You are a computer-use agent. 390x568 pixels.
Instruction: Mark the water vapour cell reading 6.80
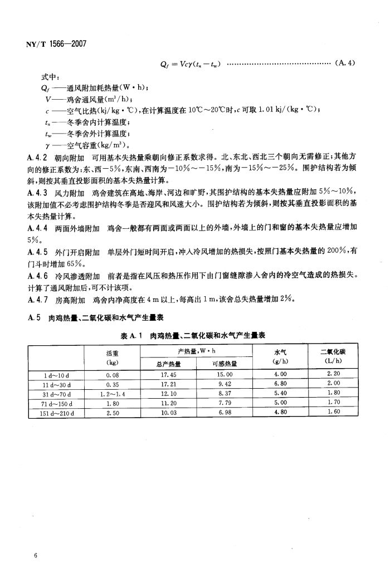pos(280,384)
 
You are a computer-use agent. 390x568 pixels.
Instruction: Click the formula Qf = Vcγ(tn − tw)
pos(189,63)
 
